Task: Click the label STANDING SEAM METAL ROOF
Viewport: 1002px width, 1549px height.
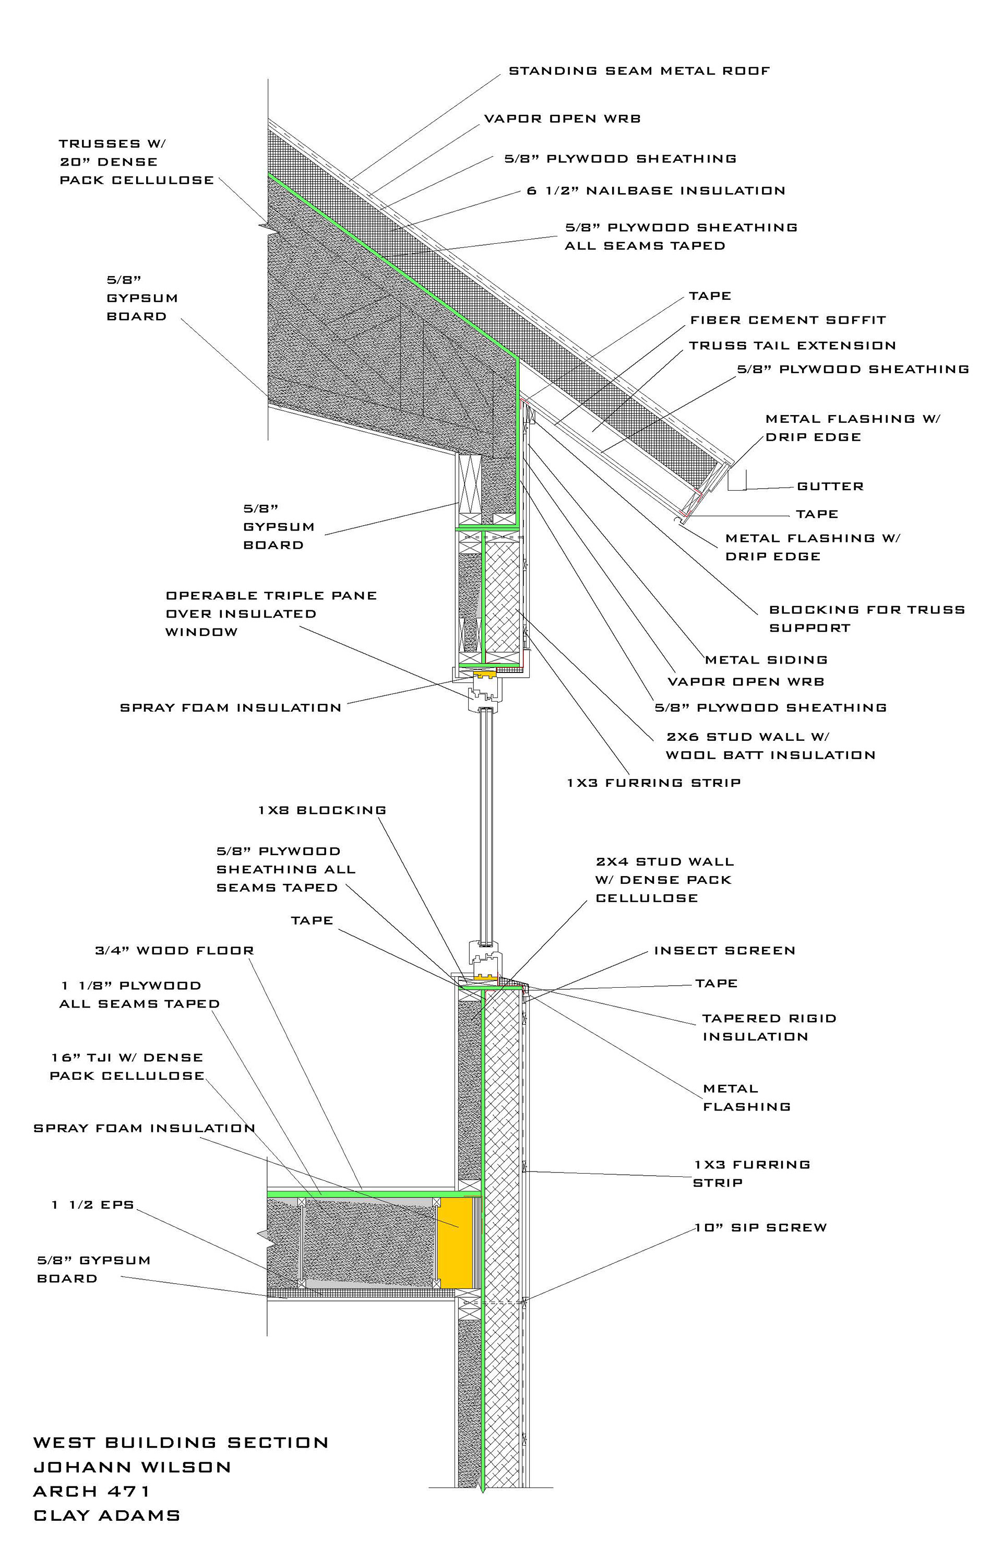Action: (x=639, y=71)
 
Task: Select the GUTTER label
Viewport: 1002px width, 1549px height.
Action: (x=830, y=486)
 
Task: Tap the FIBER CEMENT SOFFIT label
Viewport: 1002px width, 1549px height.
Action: (x=788, y=320)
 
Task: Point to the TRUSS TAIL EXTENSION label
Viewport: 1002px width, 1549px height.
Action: (x=793, y=346)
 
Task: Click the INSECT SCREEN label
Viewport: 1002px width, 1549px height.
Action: (x=725, y=951)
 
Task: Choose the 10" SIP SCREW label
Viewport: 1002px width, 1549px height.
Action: (x=760, y=1227)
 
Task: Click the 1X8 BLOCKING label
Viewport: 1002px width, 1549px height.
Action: (x=322, y=810)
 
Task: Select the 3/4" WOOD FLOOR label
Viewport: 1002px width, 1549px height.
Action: (x=174, y=951)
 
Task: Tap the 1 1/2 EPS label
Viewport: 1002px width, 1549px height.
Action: (x=93, y=1205)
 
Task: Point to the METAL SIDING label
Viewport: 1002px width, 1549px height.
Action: (x=767, y=660)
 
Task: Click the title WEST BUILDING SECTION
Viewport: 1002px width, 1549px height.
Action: (x=181, y=1443)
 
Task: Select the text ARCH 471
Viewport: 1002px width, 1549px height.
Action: (x=92, y=1491)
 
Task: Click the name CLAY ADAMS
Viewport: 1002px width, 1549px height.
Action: (x=106, y=1516)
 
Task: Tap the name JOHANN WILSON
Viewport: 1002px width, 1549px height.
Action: (x=132, y=1467)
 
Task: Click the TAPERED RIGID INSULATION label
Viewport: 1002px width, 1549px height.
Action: (x=769, y=1027)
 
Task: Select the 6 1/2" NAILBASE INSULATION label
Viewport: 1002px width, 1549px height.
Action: (x=656, y=191)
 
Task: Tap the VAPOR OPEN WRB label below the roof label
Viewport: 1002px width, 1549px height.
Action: (x=562, y=119)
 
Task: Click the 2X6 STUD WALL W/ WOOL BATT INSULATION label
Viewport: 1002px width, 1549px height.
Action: (x=770, y=746)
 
